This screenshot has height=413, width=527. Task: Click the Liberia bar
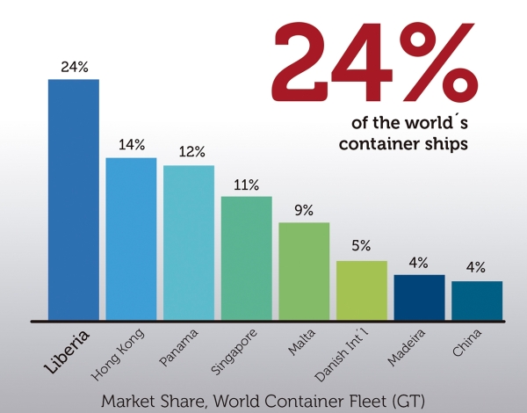point(74,199)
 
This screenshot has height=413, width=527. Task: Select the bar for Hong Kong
point(131,239)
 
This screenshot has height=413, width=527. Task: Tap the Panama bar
point(189,243)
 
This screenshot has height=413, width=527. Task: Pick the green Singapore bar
point(246,258)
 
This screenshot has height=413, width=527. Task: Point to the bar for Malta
point(304,271)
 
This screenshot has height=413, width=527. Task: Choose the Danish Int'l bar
point(362,290)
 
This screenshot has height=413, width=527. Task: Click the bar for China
point(477,301)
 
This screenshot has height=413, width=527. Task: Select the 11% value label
point(246,185)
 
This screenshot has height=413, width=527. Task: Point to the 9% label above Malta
point(304,211)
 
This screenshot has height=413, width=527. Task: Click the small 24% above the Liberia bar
point(74,67)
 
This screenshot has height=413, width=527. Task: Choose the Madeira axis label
point(410,345)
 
